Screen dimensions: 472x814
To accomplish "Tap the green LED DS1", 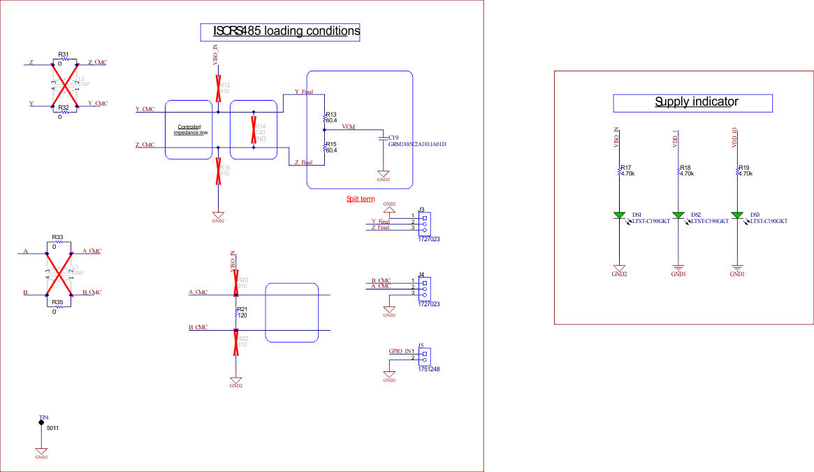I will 619,215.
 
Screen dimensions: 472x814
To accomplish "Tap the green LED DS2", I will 678,215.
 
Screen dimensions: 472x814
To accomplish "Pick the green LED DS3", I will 736,215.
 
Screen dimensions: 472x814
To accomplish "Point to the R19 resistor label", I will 744,168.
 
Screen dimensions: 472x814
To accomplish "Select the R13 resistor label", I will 331,114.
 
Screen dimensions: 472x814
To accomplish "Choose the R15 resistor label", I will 331,144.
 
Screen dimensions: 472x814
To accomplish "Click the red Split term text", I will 361,199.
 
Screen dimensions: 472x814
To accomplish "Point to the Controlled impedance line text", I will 191,129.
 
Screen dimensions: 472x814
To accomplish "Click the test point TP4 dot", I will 41,422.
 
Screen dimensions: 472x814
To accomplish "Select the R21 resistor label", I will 242,308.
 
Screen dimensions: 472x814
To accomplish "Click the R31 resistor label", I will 64,54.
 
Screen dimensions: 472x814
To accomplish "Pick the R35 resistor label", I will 57,302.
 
